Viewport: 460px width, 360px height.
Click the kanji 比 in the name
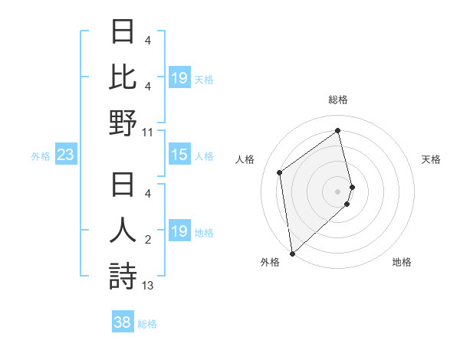(123, 77)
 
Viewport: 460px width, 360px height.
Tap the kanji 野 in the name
(123, 123)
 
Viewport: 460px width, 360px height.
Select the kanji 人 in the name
(123, 231)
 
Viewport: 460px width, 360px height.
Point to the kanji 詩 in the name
(123, 277)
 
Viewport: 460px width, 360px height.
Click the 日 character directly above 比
(123, 31)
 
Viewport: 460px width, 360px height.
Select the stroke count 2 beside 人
(147, 240)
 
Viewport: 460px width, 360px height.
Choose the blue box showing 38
(123, 323)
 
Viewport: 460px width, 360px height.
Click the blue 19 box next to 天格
(179, 78)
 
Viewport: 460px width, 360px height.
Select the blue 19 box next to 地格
(179, 231)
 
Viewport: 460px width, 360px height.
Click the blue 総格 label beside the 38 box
(147, 324)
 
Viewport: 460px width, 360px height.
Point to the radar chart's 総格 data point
(338, 130)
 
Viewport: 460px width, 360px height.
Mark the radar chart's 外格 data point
(292, 253)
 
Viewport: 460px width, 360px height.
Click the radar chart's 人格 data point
(280, 172)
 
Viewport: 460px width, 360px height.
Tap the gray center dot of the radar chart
(338, 190)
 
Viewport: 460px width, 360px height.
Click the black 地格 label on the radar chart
(402, 262)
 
